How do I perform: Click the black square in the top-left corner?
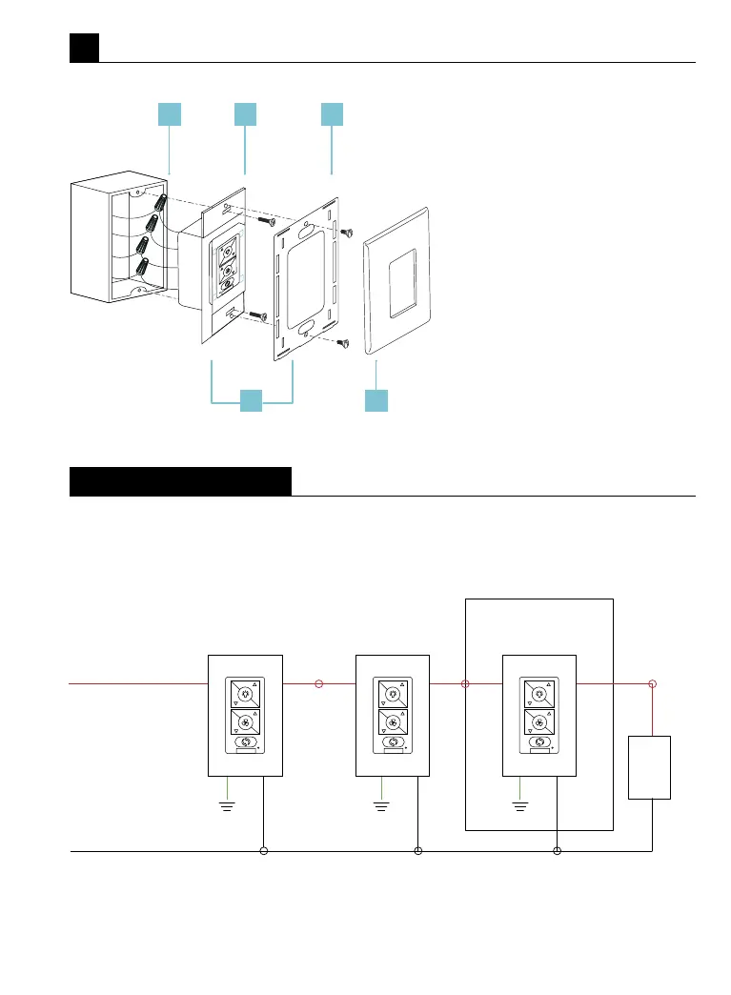point(84,48)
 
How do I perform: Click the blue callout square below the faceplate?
point(376,400)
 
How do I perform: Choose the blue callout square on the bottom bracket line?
point(251,400)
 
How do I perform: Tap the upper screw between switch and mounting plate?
point(266,221)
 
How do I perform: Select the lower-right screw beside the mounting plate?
point(346,344)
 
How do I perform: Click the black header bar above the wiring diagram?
point(180,481)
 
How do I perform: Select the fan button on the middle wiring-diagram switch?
point(392,721)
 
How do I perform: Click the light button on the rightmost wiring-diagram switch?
point(538,695)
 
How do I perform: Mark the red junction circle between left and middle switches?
point(319,683)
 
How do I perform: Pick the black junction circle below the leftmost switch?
point(264,850)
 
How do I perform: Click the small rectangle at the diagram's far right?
point(650,767)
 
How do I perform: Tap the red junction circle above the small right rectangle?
point(652,683)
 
